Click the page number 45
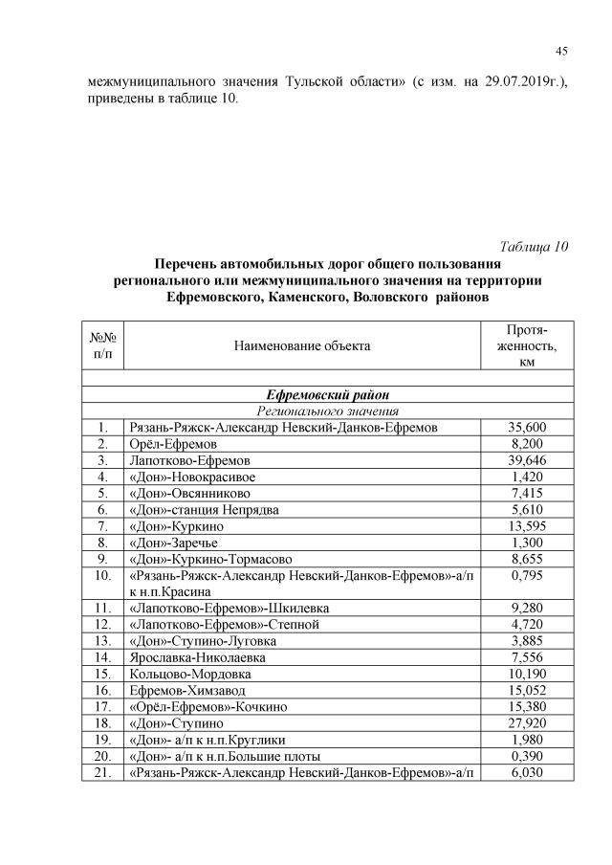tap(561, 51)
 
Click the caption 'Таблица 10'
tap(535, 246)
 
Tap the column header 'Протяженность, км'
tap(526, 345)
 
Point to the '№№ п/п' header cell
tap(103, 345)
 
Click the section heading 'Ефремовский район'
tap(328, 394)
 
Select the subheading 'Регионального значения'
tap(328, 410)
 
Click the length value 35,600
tap(526, 427)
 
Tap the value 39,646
tap(526, 460)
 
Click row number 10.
tap(103, 576)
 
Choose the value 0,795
tap(526, 576)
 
